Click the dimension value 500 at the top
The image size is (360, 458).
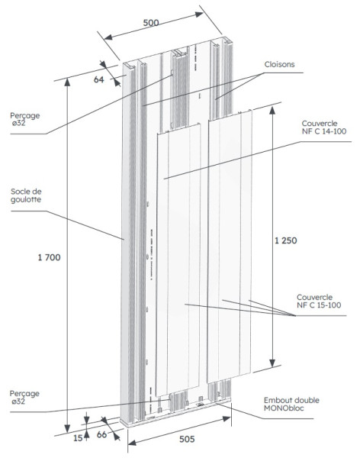[151, 23]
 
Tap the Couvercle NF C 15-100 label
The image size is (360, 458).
[318, 302]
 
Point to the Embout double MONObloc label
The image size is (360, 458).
[291, 404]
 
